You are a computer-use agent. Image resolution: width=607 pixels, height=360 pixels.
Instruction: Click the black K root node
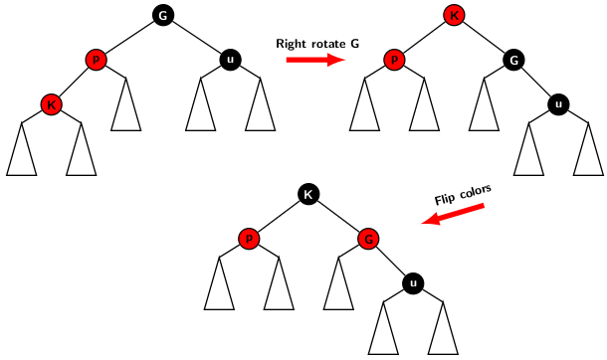(307, 194)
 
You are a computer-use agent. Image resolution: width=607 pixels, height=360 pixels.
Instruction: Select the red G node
(368, 239)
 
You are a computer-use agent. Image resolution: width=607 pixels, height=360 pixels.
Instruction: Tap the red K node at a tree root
(454, 15)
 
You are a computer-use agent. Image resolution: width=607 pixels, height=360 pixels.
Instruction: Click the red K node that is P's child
(51, 104)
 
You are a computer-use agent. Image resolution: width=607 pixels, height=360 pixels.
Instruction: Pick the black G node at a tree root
(163, 15)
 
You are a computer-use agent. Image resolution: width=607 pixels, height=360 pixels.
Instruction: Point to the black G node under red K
(513, 60)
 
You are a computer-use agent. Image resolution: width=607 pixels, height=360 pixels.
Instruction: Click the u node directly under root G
(230, 60)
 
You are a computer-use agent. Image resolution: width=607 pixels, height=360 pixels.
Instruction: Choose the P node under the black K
(248, 239)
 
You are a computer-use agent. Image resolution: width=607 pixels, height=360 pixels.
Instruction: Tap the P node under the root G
(97, 60)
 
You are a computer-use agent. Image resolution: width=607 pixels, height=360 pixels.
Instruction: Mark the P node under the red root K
(394, 60)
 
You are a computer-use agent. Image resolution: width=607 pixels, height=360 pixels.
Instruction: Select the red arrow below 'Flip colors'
(453, 214)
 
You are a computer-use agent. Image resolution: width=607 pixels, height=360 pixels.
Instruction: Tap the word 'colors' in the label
(476, 189)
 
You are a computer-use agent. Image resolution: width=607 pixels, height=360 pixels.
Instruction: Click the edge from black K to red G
(338, 217)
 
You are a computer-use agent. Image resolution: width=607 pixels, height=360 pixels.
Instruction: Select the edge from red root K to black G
(484, 38)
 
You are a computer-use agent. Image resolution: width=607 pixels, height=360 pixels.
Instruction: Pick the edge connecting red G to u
(390, 262)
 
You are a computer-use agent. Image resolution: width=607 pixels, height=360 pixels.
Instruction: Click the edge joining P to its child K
(74, 83)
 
